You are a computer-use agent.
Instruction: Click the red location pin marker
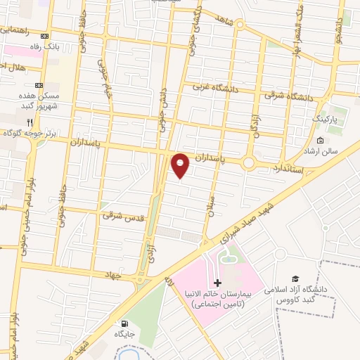point(181,165)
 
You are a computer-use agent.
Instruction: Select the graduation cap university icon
point(296,280)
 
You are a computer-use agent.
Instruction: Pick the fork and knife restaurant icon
point(30,122)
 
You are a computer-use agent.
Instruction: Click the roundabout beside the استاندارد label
point(248,163)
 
